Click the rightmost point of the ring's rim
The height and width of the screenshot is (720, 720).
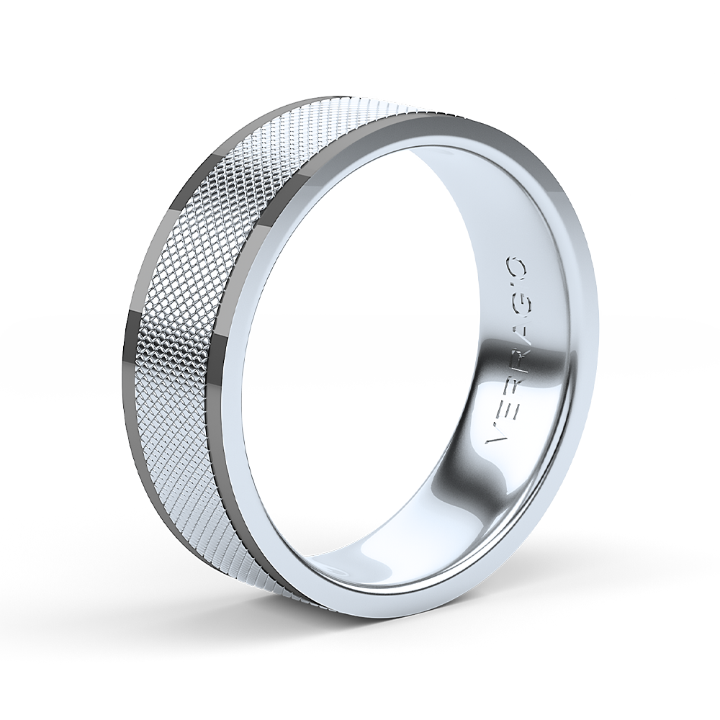click(x=598, y=338)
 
